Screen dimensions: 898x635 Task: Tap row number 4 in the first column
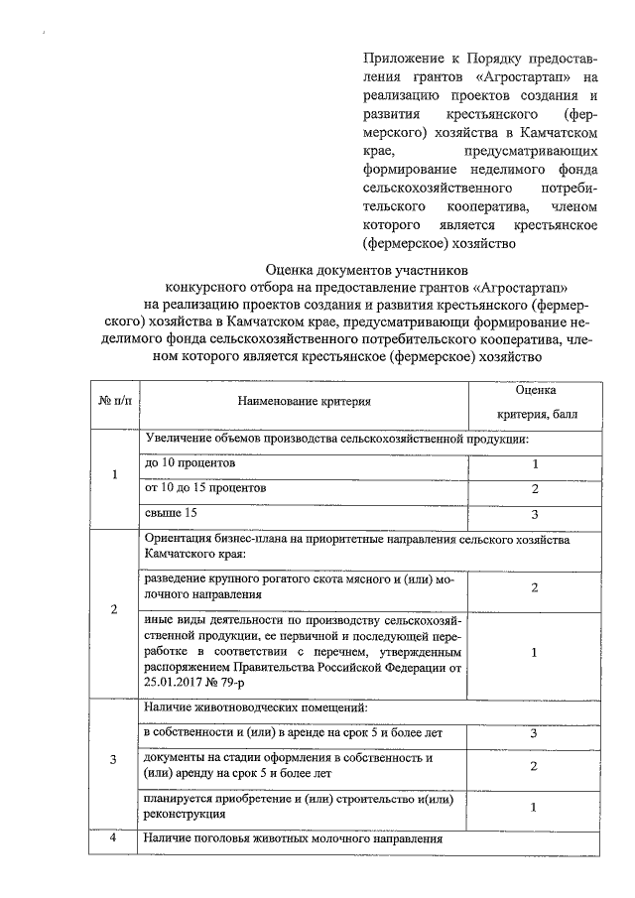[x=114, y=838]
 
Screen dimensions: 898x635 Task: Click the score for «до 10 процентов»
[x=535, y=464]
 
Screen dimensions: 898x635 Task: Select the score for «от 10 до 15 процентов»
[x=535, y=489]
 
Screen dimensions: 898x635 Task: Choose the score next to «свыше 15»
[x=535, y=514]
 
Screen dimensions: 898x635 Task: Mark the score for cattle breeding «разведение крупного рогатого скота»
[x=535, y=588]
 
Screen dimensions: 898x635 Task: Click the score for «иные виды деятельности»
[x=535, y=653]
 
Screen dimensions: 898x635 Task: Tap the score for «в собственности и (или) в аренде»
[x=535, y=733]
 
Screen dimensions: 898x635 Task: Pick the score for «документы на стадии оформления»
[x=535, y=766]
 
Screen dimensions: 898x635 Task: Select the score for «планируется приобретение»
[x=535, y=806]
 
